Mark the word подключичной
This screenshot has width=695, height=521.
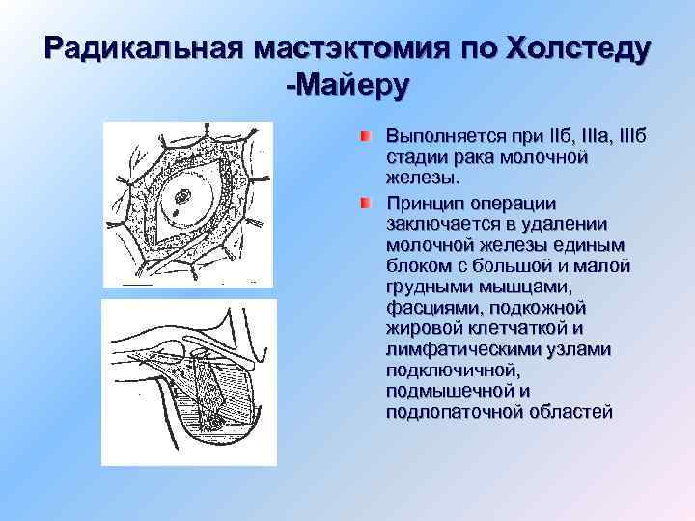[449, 370]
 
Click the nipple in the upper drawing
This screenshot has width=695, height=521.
[183, 197]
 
